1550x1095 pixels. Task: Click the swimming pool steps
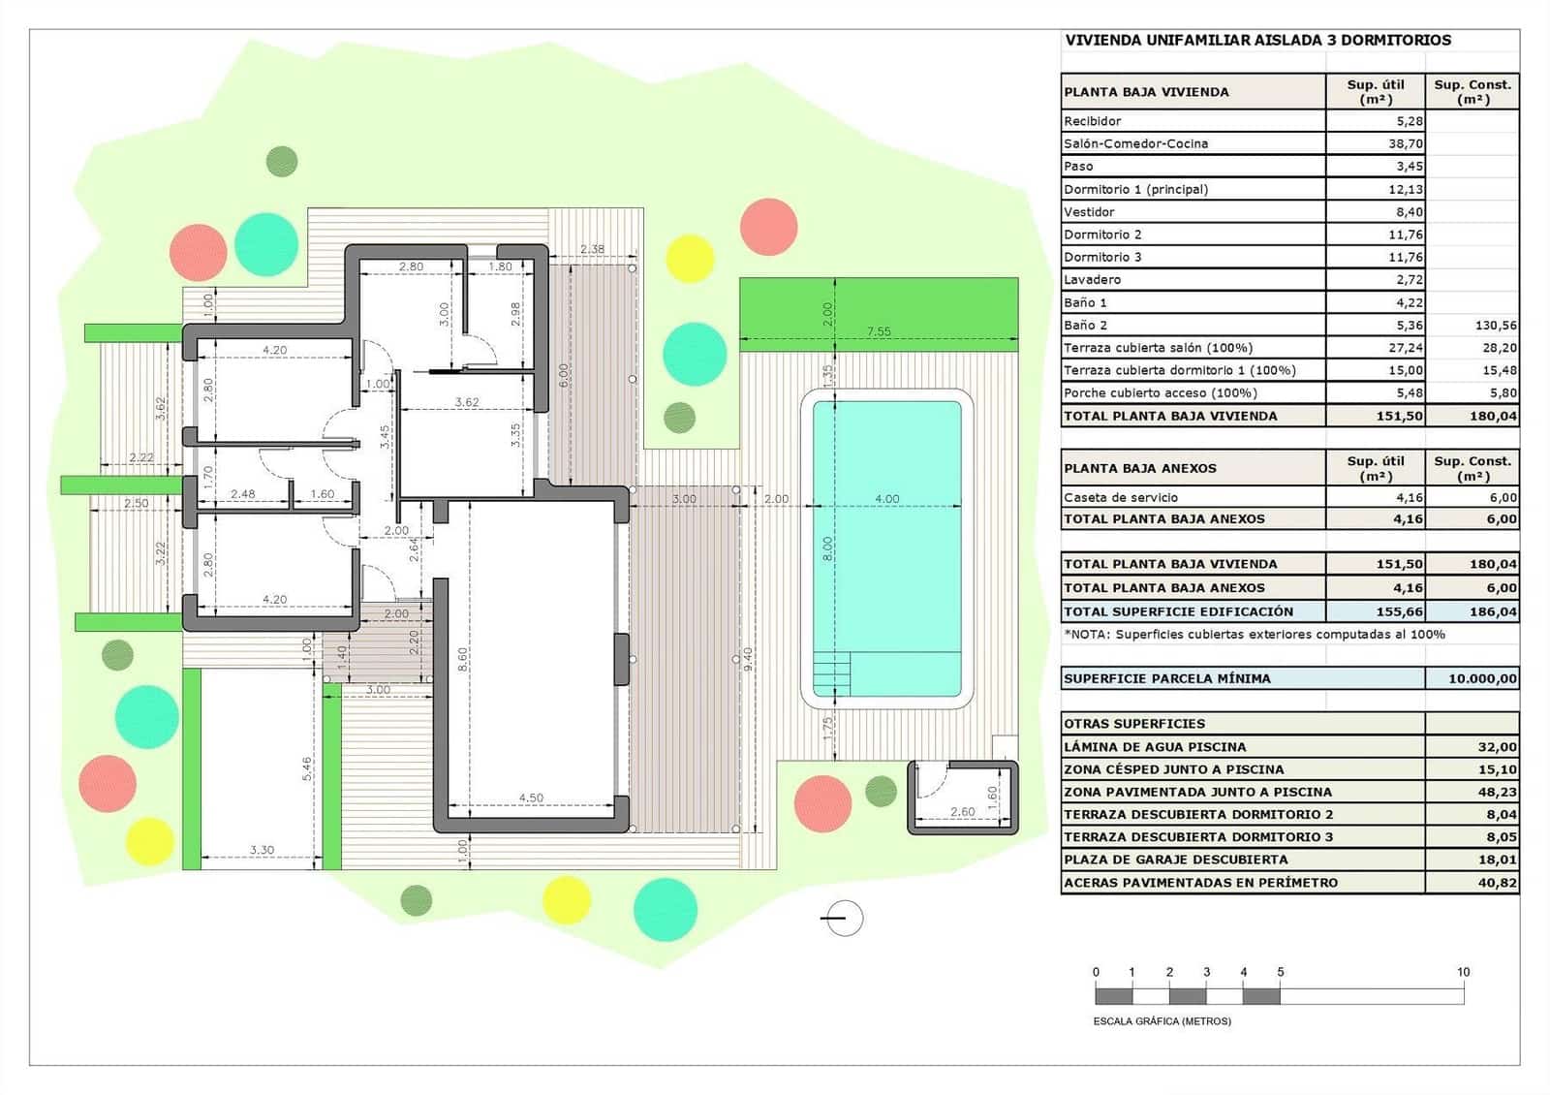click(831, 672)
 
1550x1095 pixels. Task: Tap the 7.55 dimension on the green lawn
click(878, 331)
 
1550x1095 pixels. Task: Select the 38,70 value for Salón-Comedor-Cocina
click(1405, 143)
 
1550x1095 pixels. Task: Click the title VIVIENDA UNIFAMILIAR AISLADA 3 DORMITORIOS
click(1257, 41)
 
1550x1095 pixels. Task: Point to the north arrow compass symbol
click(843, 918)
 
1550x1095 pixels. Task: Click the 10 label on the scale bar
click(1463, 972)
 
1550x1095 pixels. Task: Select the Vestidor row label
click(1089, 211)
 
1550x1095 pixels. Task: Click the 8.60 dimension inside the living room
click(463, 660)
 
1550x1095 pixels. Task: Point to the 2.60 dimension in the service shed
click(962, 812)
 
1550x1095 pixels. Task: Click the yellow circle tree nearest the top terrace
click(690, 258)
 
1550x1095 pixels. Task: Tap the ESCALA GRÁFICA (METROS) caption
click(1162, 1021)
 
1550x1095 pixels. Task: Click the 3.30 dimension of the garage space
click(262, 850)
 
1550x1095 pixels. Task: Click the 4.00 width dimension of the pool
click(886, 499)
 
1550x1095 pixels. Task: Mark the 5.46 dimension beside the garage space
click(307, 768)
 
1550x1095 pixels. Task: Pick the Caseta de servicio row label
click(1121, 497)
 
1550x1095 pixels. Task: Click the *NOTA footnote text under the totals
click(1254, 635)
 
